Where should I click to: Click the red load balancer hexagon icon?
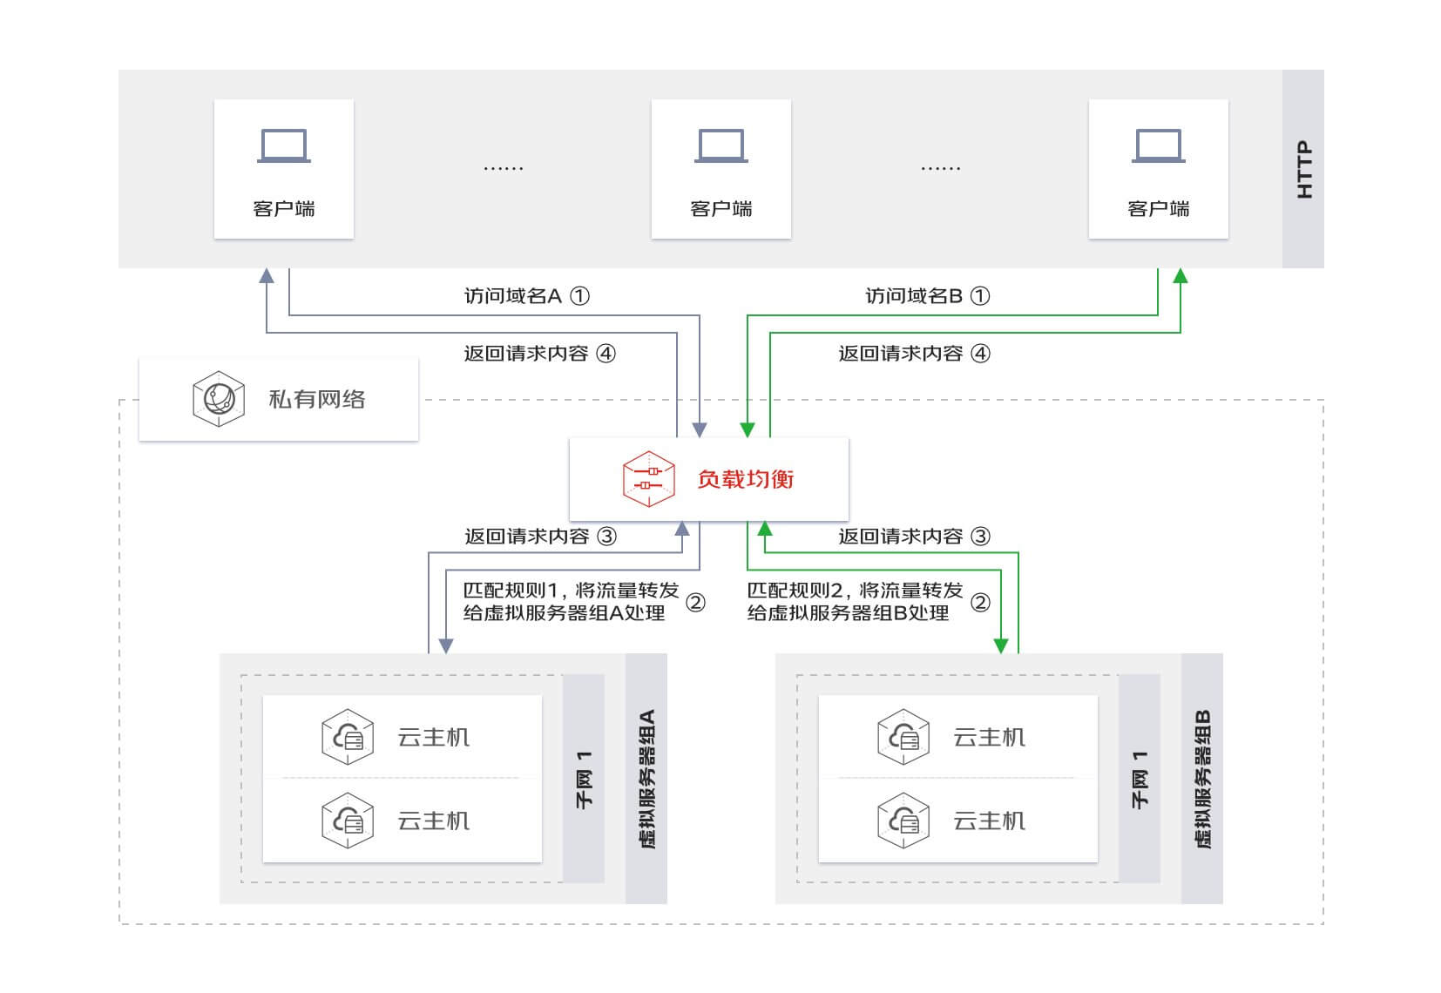(649, 478)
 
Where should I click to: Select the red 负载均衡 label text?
(745, 479)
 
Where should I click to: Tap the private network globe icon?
(218, 399)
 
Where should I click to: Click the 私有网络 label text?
(316, 400)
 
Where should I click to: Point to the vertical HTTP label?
(1303, 169)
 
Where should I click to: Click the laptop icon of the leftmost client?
(284, 146)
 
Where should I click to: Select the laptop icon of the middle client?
(721, 146)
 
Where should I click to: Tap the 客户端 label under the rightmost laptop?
(1158, 209)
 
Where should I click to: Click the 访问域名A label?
(512, 296)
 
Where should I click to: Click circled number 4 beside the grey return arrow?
(605, 354)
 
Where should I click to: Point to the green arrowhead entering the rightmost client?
(1181, 276)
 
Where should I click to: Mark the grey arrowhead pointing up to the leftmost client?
(267, 276)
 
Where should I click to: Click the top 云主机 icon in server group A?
(348, 737)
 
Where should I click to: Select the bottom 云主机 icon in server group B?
(903, 821)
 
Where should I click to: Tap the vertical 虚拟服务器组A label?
(646, 779)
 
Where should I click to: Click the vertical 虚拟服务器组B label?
(1202, 779)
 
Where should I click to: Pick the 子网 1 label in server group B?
(1140, 779)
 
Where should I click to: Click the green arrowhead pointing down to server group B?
(1001, 645)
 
